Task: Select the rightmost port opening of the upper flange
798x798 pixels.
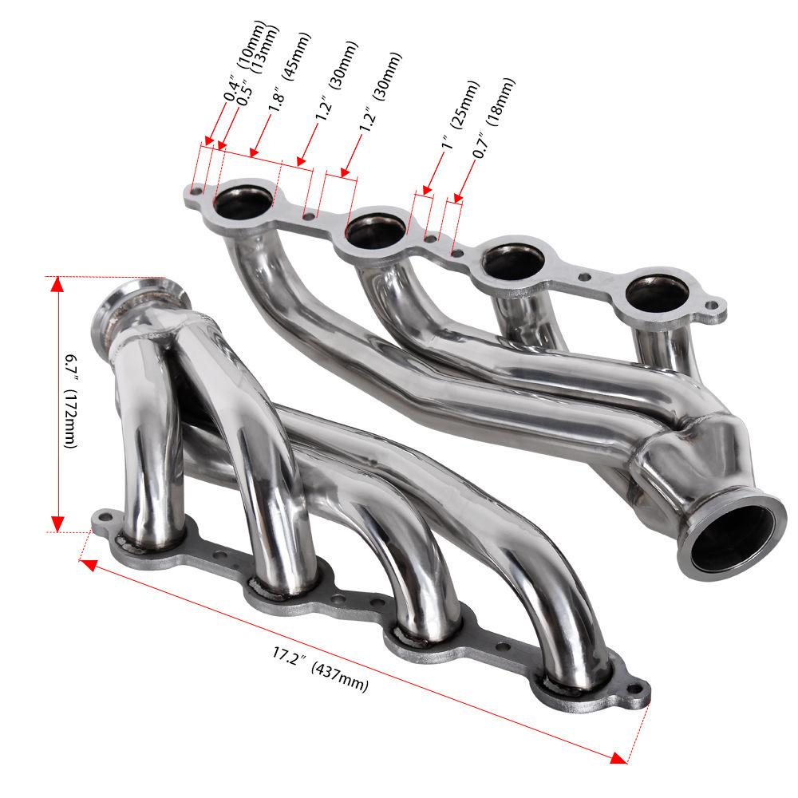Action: tap(655, 293)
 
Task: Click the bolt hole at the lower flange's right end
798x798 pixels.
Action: tap(636, 689)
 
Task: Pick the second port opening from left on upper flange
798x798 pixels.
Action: tap(376, 228)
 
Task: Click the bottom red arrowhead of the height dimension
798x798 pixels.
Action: tap(57, 523)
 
